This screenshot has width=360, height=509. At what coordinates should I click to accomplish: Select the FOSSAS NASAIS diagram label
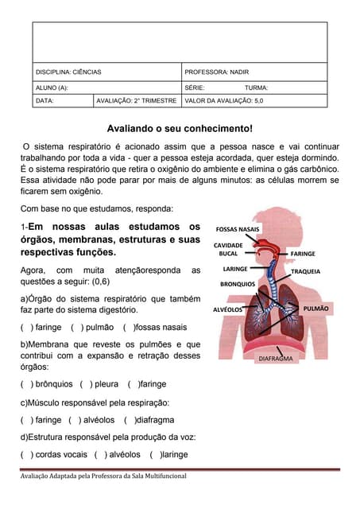[x=238, y=229]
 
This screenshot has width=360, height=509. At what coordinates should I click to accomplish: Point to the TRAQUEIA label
[x=305, y=271]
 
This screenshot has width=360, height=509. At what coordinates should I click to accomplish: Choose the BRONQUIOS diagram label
[x=238, y=283]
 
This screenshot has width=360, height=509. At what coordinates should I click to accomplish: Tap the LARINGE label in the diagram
[x=237, y=269]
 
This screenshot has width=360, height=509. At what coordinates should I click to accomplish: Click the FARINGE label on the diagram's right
[x=302, y=254]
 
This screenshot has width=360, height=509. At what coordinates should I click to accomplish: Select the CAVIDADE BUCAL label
[x=228, y=249]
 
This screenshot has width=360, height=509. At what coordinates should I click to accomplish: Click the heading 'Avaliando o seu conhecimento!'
[x=180, y=128]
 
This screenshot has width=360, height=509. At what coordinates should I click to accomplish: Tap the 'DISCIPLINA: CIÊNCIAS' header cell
[x=69, y=72]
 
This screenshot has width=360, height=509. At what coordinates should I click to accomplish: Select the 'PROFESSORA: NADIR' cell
[x=216, y=72]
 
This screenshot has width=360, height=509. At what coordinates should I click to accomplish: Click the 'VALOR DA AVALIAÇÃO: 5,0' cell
[x=223, y=102]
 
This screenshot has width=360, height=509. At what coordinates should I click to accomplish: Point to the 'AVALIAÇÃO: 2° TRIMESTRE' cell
[x=136, y=102]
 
